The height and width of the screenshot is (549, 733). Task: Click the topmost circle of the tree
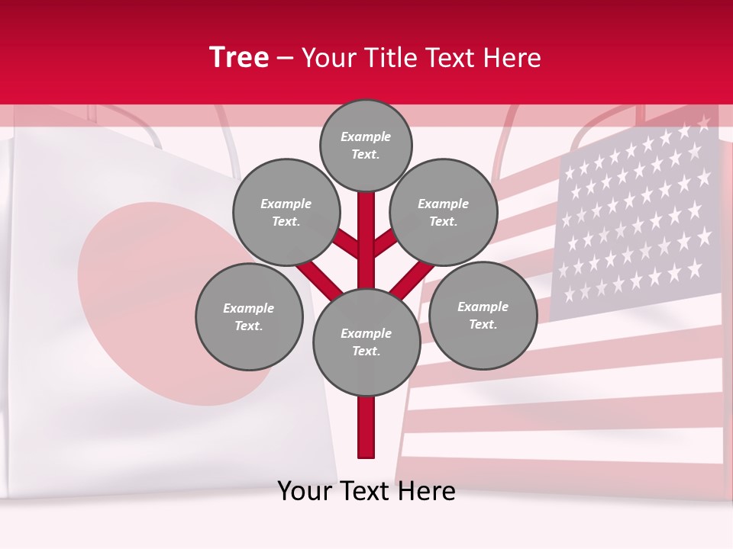[x=366, y=145]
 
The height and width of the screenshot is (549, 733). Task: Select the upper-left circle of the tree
[x=286, y=213]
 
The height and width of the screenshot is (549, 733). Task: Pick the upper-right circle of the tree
[x=443, y=213]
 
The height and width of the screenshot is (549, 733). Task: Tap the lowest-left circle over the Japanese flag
[x=248, y=316]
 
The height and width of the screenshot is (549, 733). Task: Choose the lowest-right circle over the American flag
[x=483, y=315]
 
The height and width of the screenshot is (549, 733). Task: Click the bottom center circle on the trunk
[x=366, y=342]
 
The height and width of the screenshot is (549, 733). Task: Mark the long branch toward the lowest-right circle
[x=412, y=279]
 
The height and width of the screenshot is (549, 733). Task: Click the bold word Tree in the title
[x=239, y=58]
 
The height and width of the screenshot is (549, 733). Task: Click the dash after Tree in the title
[x=286, y=58]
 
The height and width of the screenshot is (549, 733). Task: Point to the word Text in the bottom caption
[x=366, y=491]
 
